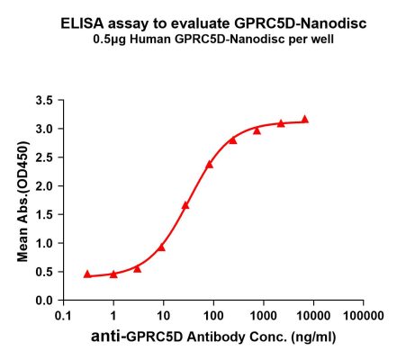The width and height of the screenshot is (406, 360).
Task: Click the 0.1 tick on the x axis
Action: (x=63, y=317)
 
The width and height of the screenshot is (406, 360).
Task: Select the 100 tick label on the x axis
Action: (x=213, y=317)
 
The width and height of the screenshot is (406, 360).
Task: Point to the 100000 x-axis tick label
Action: (x=362, y=317)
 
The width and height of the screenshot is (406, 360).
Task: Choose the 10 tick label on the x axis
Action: (x=163, y=317)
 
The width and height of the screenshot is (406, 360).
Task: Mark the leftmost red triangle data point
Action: (x=87, y=274)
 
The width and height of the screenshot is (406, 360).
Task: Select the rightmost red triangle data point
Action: (x=304, y=119)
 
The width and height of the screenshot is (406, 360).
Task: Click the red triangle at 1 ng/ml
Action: (x=113, y=274)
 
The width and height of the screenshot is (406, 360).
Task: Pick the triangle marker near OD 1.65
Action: (x=185, y=205)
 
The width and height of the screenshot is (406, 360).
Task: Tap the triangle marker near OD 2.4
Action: (x=210, y=164)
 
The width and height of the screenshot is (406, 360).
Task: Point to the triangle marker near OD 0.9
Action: (x=161, y=247)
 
